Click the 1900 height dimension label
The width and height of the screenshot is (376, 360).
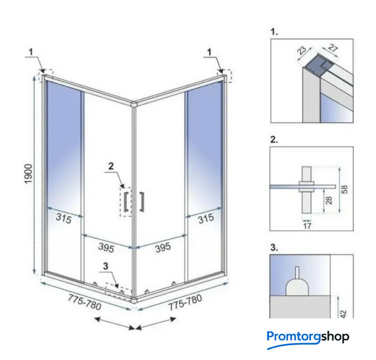coord(28,174)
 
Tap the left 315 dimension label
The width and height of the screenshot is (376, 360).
coord(64,218)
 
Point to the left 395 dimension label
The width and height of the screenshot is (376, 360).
coord(106,247)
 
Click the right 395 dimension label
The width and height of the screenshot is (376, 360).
coord(163,247)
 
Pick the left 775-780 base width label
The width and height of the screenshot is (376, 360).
coord(84,303)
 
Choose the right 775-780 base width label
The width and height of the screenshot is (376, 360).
coord(185,303)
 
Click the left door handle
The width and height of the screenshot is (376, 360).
coord(125,202)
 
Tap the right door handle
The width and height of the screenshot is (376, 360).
coord(142,202)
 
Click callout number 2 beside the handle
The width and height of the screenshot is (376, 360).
coord(111,166)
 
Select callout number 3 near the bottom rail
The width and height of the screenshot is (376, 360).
coord(106,266)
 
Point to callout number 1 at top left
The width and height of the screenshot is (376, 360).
coord(31,52)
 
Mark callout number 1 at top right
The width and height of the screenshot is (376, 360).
coord(209,52)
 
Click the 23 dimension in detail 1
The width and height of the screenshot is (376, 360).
coord(302,51)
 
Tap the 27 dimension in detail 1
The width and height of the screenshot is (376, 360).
coord(333,48)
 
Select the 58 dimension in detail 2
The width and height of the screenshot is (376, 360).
coord(345,190)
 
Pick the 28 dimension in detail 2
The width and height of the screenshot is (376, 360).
coord(329,200)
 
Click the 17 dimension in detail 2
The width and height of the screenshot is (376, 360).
coord(307,226)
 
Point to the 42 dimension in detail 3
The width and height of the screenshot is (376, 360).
coord(343,314)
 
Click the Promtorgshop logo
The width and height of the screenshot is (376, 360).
coord(308,339)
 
